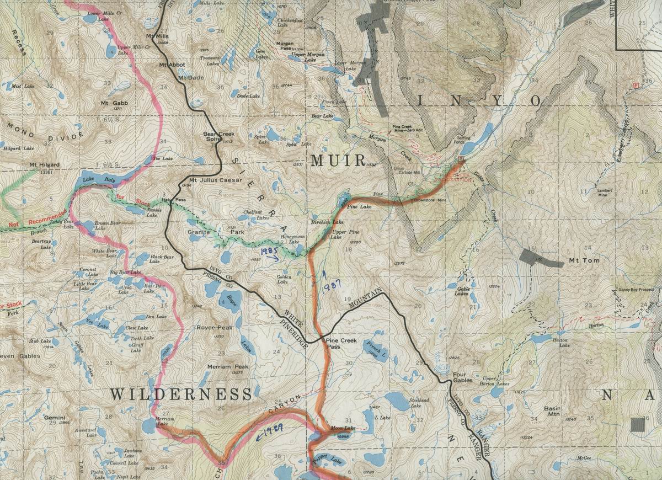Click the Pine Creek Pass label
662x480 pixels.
340,344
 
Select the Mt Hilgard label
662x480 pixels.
45,165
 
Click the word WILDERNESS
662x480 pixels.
181,394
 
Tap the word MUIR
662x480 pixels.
338,161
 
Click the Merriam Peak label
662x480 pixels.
228,367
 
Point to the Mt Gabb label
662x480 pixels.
114,103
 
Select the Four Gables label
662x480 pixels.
463,377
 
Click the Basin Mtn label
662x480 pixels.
552,412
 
